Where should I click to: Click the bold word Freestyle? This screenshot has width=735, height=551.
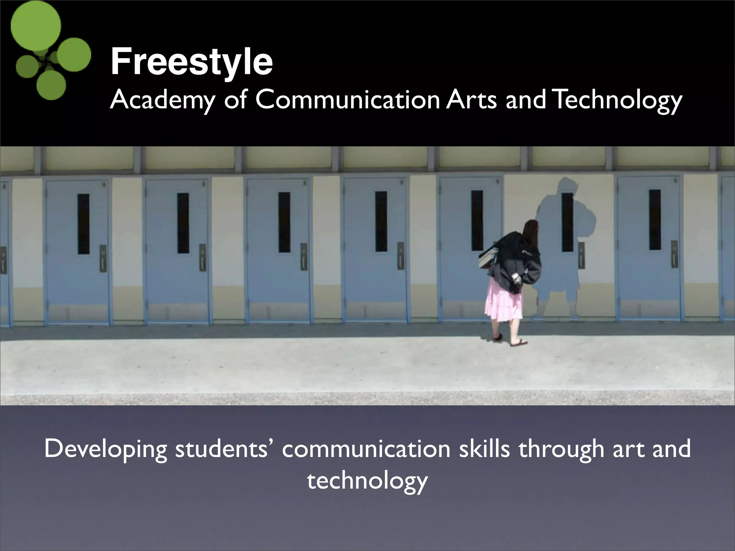tap(191, 62)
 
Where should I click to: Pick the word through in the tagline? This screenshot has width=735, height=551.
tap(561, 449)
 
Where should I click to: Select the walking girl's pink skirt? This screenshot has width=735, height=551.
tap(503, 301)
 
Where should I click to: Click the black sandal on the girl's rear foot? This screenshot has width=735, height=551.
tap(498, 337)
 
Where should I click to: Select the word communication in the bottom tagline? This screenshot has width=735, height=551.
tap(366, 448)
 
